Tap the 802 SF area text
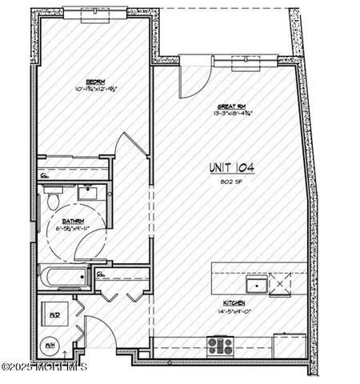tap(231, 181)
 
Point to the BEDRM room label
tap(96, 81)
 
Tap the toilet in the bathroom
tap(53, 197)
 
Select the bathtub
tap(64, 278)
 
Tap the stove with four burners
tap(219, 346)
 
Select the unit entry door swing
tap(98, 332)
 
